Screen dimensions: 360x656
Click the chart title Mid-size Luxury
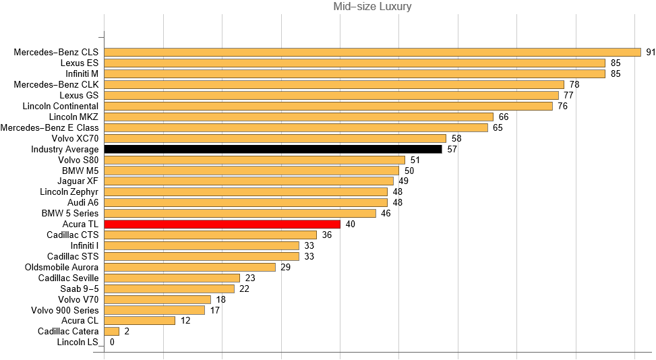point(373,7)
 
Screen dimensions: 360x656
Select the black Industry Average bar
point(273,149)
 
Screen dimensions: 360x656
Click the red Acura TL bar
point(222,224)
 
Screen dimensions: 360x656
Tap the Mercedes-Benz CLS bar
point(372,52)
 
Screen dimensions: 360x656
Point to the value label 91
point(651,52)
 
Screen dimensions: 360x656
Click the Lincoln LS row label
point(78,342)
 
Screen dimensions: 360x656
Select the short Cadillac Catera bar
point(112,332)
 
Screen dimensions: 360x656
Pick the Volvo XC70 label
point(75,138)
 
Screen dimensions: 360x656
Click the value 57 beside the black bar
point(452,149)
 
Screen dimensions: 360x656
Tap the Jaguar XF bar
point(249,181)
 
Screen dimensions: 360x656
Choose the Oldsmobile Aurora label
point(61,267)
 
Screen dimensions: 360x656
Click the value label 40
point(350,224)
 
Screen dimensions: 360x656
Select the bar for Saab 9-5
point(169,289)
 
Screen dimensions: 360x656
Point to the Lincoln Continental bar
point(328,106)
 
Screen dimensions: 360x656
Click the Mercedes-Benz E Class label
point(49,127)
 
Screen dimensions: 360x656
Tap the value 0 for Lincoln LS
point(112,342)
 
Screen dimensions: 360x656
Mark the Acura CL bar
point(140,321)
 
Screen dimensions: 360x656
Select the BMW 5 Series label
point(69,213)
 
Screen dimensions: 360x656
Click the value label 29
point(285,267)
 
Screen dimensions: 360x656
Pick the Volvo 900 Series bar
point(154,310)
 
